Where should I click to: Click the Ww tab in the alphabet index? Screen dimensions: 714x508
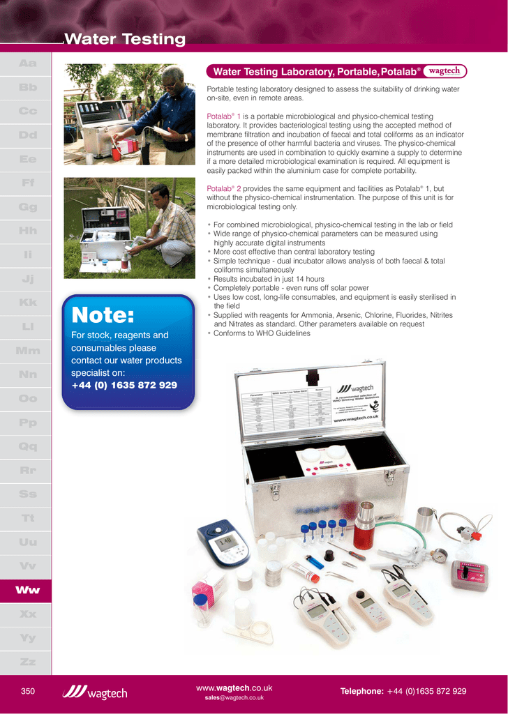pos(28,590)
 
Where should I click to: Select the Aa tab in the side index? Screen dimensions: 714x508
pos(28,63)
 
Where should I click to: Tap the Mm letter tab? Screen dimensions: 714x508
pos(28,351)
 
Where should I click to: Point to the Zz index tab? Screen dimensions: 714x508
pos(28,661)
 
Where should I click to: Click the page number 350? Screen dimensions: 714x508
pos(28,691)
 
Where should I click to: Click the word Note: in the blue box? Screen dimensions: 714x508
pos(103,316)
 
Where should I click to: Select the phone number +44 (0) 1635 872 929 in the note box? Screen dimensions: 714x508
pos(124,385)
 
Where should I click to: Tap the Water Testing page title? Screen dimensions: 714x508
pos(125,40)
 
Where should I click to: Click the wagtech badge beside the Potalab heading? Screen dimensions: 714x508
pos(444,71)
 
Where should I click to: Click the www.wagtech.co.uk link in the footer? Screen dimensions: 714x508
pos(234,688)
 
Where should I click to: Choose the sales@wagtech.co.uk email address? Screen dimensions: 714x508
pos(234,698)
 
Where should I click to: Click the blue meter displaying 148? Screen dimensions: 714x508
pos(223,542)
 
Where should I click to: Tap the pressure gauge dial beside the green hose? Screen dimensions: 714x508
pos(438,555)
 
